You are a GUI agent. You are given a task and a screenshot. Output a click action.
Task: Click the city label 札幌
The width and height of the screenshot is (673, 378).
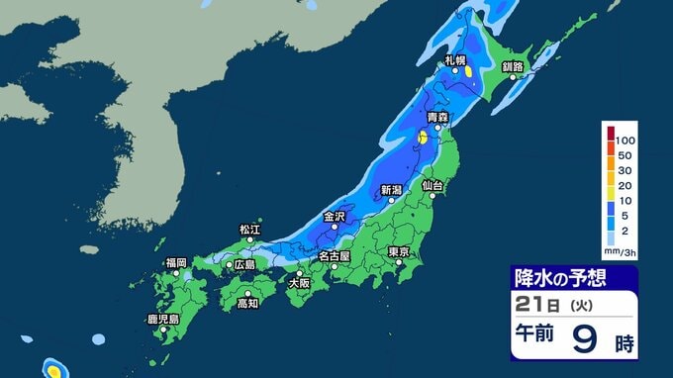click(x=454, y=60)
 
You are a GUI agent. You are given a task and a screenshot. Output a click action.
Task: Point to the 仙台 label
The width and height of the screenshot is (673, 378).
click(x=433, y=185)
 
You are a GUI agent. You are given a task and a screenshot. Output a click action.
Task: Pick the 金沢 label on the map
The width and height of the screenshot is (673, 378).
click(x=335, y=216)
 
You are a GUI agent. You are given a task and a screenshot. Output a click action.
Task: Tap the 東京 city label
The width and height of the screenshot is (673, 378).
click(x=399, y=251)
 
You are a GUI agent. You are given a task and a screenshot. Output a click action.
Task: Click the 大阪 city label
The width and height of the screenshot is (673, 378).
click(x=298, y=283)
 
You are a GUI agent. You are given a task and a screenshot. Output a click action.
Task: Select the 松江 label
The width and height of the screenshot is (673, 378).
click(x=249, y=230)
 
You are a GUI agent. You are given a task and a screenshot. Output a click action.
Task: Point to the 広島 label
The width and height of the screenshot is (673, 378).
click(x=243, y=264)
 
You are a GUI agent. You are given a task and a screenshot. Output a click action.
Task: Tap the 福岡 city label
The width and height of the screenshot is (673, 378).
click(x=176, y=262)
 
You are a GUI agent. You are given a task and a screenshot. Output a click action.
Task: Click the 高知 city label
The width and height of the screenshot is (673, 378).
click(x=247, y=304)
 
